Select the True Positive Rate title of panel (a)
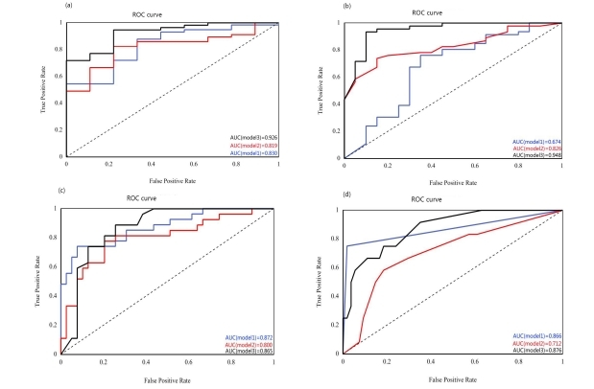tap(42, 87)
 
